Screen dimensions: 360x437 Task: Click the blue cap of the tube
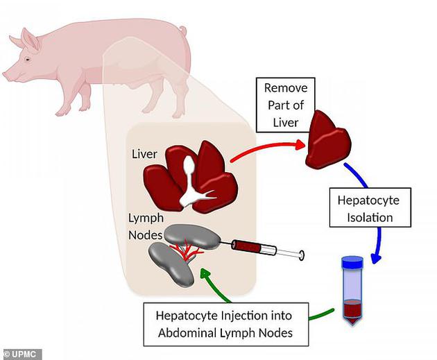[x=352, y=263]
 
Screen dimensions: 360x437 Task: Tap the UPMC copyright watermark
[x=22, y=354]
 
